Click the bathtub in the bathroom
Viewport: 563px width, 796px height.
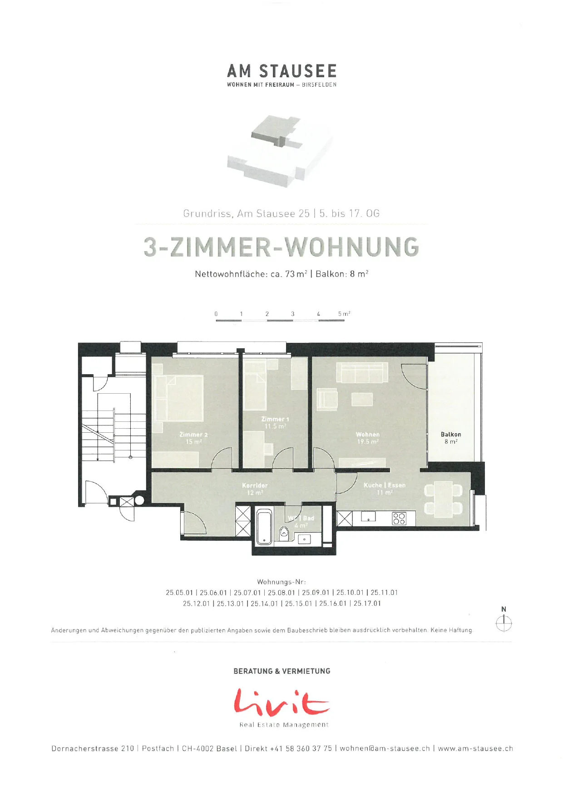pyautogui.click(x=264, y=527)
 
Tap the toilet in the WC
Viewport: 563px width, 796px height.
pyautogui.click(x=284, y=533)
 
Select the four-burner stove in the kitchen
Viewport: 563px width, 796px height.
pyautogui.click(x=399, y=519)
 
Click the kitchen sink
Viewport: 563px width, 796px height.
pyautogui.click(x=368, y=517)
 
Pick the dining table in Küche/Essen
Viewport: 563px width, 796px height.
pyautogui.click(x=443, y=499)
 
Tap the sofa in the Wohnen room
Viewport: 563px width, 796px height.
pyautogui.click(x=362, y=373)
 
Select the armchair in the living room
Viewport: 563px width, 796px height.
pyautogui.click(x=327, y=400)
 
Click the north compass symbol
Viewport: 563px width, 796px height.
pyautogui.click(x=504, y=623)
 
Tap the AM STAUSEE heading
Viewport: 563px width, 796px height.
pyautogui.click(x=282, y=71)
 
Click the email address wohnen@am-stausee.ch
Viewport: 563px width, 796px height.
pyautogui.click(x=385, y=748)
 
